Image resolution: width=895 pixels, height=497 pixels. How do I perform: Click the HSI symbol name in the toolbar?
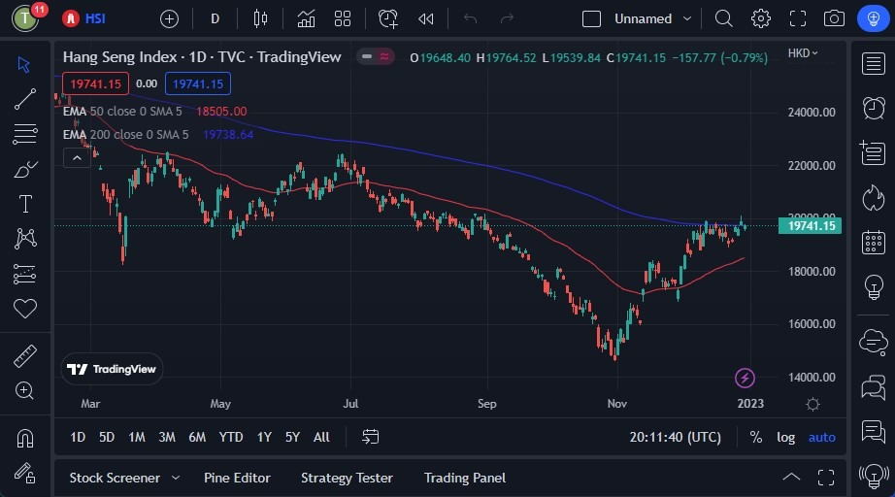(95, 18)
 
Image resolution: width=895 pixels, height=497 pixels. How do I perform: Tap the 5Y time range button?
(292, 437)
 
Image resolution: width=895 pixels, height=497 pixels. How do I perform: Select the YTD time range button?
(231, 437)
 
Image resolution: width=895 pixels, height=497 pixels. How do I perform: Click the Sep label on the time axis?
(486, 403)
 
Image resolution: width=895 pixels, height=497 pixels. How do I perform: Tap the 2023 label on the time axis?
(749, 403)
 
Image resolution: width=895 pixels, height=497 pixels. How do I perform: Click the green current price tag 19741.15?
(810, 226)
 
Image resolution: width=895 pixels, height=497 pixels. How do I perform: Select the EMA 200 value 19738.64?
(228, 135)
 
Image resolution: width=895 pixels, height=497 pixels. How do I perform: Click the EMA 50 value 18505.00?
(221, 112)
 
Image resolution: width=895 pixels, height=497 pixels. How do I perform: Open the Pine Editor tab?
(237, 478)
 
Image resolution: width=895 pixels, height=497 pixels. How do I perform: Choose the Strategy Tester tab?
(347, 478)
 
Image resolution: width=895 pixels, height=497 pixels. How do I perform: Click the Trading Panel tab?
(465, 478)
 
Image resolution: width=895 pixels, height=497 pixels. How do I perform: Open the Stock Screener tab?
(115, 478)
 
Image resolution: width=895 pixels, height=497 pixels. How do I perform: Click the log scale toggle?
(785, 437)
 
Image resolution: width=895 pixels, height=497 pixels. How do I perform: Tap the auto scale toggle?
(821, 437)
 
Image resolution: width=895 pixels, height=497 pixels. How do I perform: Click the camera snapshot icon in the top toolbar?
(833, 18)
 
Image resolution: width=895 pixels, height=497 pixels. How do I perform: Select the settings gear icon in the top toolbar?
(760, 18)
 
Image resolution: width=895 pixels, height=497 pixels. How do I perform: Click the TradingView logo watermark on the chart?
(112, 369)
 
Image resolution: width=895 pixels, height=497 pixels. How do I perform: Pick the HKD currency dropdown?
(803, 53)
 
